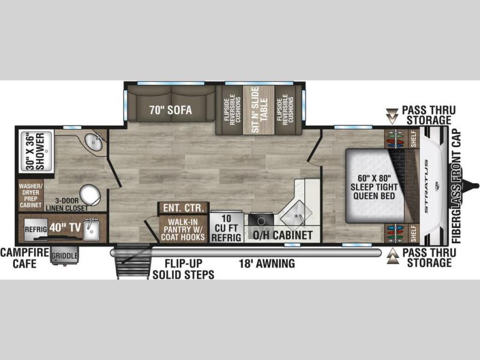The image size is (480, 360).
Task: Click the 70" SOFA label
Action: (170, 110)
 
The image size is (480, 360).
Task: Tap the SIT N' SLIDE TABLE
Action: (259, 110)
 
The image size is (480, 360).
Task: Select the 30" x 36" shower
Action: (36, 152)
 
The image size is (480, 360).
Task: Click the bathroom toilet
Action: (91, 195)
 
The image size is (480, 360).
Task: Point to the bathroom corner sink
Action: (94, 142)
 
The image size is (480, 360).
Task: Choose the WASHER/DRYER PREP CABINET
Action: (31, 196)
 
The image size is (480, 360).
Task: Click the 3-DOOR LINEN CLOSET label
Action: (67, 205)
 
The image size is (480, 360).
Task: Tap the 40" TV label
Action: (65, 227)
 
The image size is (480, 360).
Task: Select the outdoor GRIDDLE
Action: (65, 256)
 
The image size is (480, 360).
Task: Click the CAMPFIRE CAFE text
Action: (25, 258)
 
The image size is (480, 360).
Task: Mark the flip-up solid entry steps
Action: (134, 261)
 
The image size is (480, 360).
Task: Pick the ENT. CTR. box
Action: (184, 208)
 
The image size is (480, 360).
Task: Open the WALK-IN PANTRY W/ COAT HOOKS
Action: (183, 229)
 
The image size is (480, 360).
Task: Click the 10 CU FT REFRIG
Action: (227, 228)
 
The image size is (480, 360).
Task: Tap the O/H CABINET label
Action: (283, 235)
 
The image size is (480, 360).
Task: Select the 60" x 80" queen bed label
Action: (374, 187)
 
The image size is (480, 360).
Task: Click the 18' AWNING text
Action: (267, 263)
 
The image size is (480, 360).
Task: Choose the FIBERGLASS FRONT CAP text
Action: (456, 186)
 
